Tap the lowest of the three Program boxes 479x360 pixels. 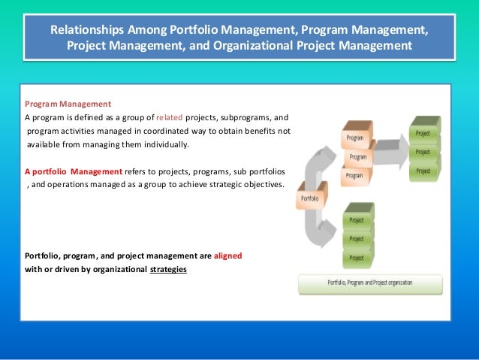[x=354, y=175]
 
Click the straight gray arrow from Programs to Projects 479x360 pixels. [x=390, y=154]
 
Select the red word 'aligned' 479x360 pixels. [x=227, y=256]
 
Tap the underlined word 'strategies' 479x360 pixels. [x=168, y=270]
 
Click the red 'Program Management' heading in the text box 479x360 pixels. [x=68, y=104]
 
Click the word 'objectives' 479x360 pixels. [x=261, y=184]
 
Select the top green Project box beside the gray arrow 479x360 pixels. [x=424, y=133]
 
